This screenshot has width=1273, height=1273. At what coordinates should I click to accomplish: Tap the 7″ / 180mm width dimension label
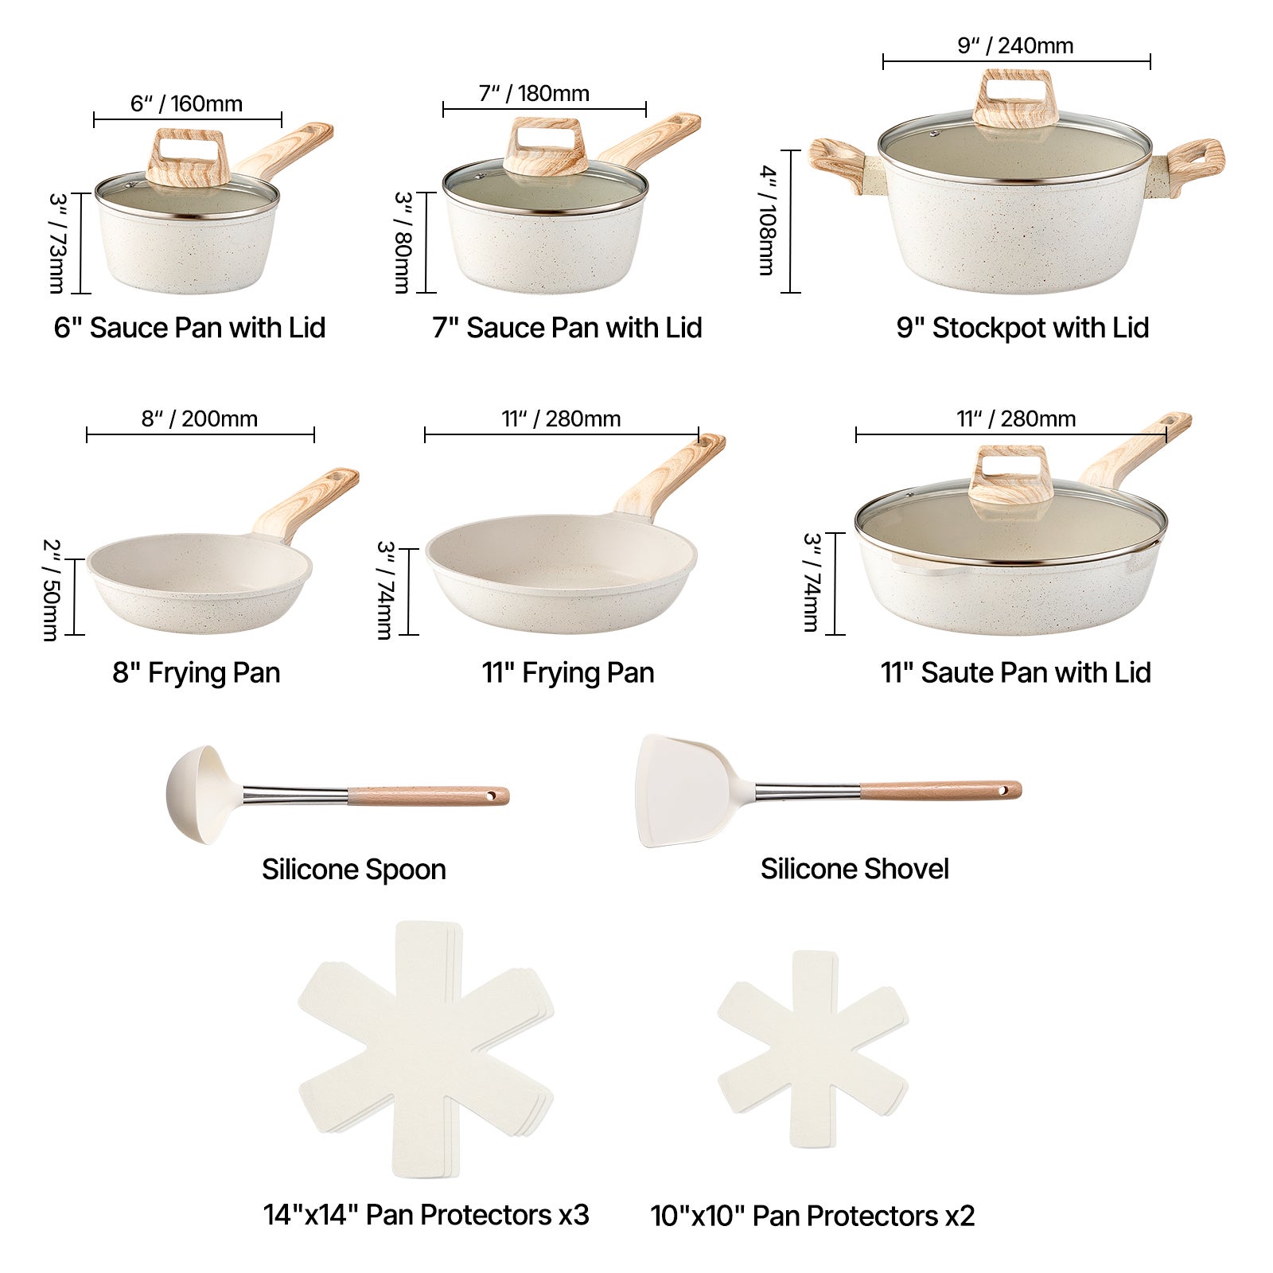click(x=534, y=94)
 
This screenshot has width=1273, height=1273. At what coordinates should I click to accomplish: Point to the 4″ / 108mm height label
click(x=766, y=220)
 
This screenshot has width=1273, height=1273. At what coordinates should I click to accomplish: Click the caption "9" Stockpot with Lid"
click(x=1022, y=328)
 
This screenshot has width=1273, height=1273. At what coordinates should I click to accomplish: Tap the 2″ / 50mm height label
click(x=50, y=590)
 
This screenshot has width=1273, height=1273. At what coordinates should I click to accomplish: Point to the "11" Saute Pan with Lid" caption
click(x=1015, y=673)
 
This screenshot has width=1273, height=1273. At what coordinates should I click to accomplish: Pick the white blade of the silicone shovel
click(x=686, y=789)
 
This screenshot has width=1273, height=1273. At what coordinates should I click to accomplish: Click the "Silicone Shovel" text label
click(x=855, y=869)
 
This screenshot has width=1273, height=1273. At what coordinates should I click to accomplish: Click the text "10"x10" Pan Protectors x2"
click(x=812, y=1217)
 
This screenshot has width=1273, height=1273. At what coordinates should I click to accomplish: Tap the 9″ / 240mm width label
click(x=1015, y=46)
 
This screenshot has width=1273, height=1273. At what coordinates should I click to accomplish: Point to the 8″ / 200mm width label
click(x=200, y=419)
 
